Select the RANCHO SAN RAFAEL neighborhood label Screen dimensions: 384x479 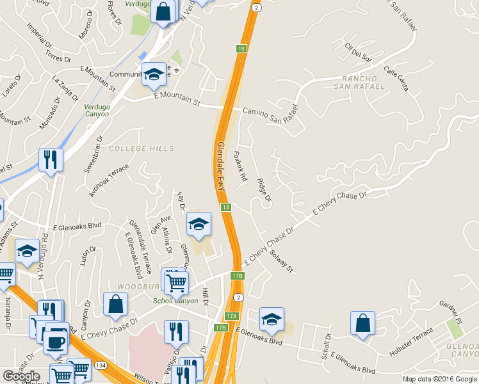[x=359, y=82]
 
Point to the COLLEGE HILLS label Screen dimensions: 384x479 [x=141, y=148]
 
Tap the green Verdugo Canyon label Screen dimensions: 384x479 [x=96, y=109]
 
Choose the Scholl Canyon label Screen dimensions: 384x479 [x=175, y=301]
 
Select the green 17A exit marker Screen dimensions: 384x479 [x=231, y=316]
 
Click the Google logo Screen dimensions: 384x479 [x=20, y=376]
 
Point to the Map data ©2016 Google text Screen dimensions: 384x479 [x=440, y=379]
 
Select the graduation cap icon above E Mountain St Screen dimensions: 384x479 [x=154, y=75]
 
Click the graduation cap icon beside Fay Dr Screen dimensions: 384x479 [x=199, y=223]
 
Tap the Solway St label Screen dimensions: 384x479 [x=281, y=259]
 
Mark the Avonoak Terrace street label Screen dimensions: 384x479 [x=109, y=180]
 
